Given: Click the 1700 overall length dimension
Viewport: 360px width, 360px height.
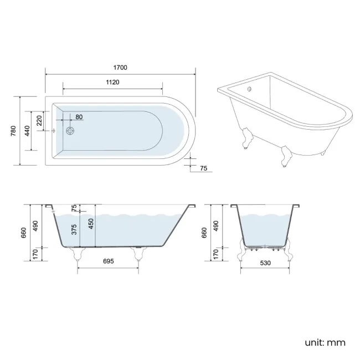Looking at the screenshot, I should (121, 68).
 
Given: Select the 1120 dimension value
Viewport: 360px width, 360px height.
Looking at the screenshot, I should (112, 82).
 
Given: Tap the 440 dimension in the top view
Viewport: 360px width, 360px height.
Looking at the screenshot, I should (26, 131).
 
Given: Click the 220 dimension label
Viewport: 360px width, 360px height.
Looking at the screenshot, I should (39, 120).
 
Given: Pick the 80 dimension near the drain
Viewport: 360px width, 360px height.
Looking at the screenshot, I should (79, 117).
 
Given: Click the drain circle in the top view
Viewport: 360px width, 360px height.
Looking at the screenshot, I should (70, 131).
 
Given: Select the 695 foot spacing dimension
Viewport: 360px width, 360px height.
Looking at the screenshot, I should (108, 261).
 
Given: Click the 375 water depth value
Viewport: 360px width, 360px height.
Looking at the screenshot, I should (74, 231).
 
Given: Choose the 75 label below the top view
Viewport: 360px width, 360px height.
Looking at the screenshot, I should (203, 169).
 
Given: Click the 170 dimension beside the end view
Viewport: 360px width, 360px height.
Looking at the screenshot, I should (216, 254).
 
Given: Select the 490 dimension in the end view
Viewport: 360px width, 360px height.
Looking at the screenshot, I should (216, 225).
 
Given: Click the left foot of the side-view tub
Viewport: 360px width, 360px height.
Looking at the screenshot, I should (76, 254).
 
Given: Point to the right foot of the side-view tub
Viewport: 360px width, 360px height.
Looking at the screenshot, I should (138, 254).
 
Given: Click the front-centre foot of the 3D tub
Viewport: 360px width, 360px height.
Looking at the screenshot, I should (286, 157).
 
